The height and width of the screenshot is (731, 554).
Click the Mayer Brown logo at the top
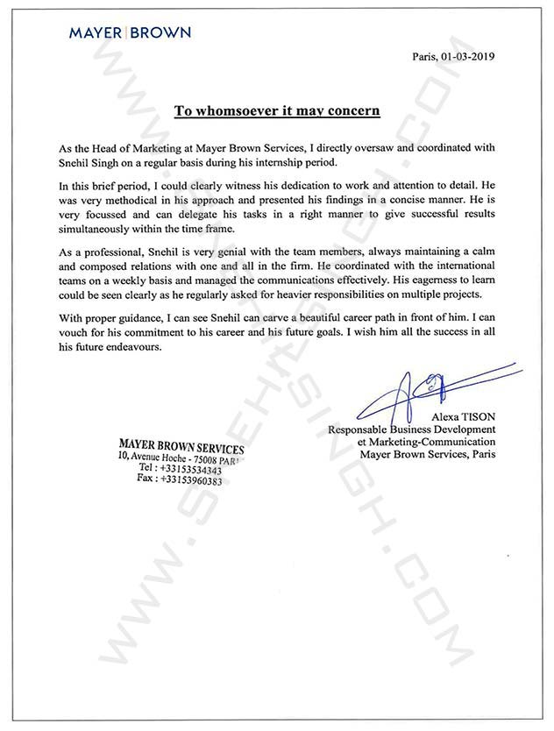click(130, 32)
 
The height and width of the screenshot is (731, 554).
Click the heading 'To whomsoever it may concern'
click(276, 110)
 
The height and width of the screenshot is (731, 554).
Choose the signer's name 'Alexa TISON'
click(463, 415)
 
